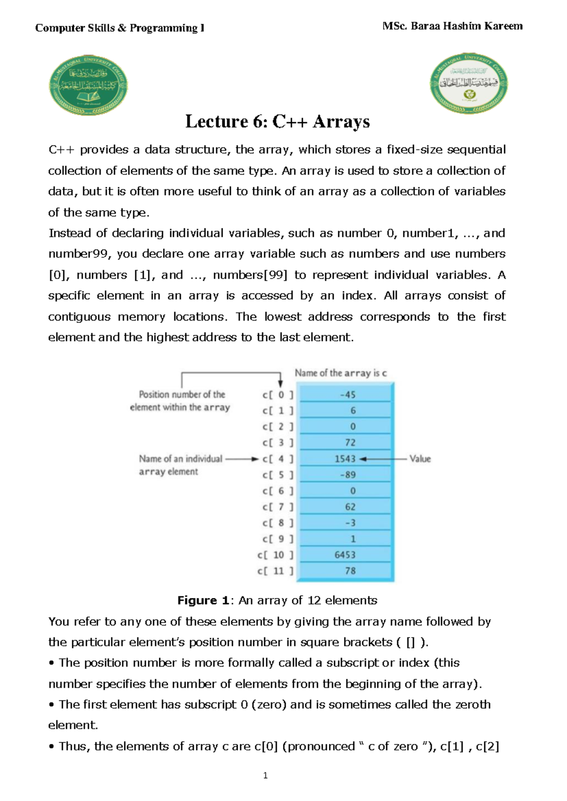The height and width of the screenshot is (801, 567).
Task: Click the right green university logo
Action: (469, 84)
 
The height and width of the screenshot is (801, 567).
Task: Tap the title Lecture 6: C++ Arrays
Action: (277, 121)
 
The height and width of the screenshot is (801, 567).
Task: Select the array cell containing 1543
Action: (345, 459)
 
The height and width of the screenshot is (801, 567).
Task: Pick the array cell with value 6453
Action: (345, 555)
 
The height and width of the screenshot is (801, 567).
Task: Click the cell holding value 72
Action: (345, 443)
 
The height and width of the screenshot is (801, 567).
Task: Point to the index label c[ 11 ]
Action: (275, 571)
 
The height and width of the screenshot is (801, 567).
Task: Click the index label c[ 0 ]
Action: (278, 395)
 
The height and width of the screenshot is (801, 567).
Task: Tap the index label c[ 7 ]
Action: (278, 507)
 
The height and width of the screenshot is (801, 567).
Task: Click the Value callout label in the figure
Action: (420, 459)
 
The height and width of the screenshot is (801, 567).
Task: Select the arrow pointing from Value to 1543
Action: (383, 459)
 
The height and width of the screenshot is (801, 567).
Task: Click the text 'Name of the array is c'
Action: (341, 373)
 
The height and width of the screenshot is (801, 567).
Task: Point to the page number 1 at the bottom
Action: (266, 775)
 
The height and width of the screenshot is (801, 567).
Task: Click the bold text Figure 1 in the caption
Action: (203, 600)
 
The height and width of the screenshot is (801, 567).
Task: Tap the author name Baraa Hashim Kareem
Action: (466, 26)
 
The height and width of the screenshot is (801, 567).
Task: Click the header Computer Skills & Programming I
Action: (120, 28)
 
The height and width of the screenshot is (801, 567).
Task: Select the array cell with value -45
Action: (345, 395)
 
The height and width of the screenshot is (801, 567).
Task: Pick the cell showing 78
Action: (345, 571)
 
